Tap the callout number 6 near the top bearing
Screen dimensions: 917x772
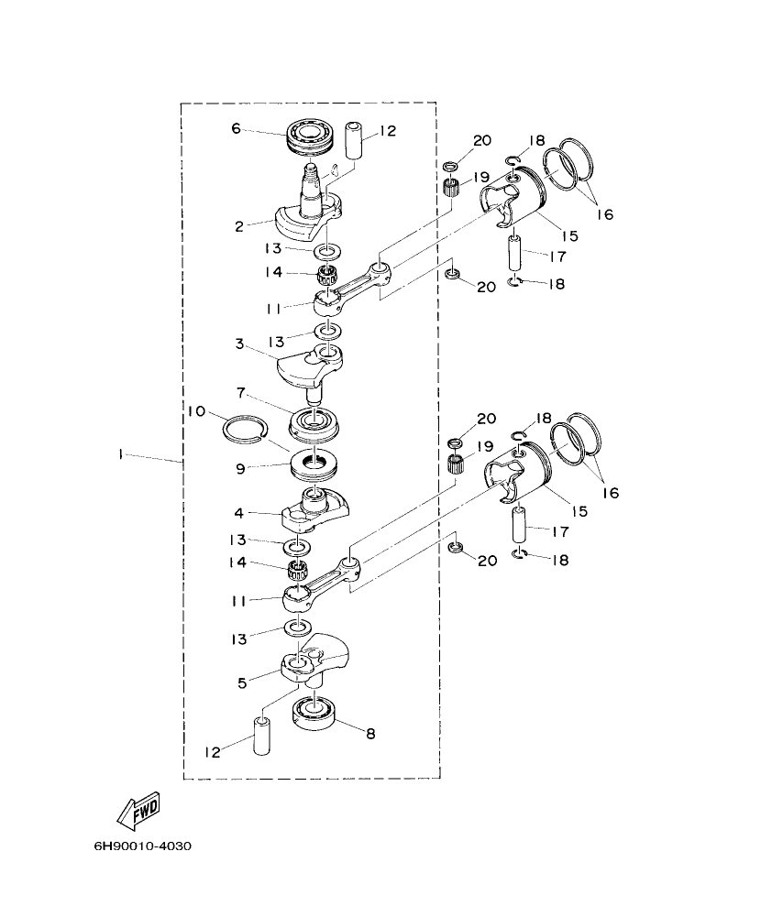coord(236,129)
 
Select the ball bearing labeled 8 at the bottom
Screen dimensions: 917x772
coord(314,712)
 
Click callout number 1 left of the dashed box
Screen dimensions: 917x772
coord(120,453)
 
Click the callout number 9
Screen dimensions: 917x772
coord(240,467)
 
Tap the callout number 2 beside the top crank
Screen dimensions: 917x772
coord(237,224)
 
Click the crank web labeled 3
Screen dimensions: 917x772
coord(310,364)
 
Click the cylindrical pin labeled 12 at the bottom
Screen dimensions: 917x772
coord(263,738)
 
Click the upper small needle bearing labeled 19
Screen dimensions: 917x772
coord(450,191)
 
